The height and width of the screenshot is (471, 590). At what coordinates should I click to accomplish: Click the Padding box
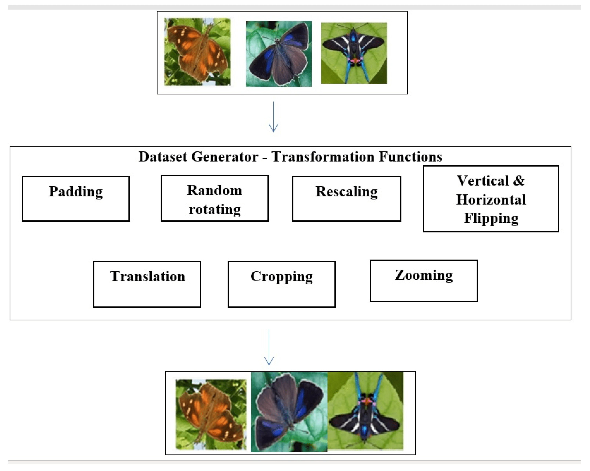point(76,199)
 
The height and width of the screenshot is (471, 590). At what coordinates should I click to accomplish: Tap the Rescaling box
point(346,199)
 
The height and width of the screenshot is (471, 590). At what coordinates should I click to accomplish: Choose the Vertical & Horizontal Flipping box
point(491,199)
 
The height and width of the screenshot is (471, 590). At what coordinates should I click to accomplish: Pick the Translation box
point(147,284)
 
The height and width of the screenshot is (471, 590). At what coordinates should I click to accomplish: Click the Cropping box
point(281,284)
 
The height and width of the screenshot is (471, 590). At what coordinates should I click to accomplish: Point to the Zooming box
point(424,281)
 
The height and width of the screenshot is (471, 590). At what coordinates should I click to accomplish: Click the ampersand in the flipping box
point(519,181)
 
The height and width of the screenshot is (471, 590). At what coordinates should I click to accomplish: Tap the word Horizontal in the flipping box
point(491,199)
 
